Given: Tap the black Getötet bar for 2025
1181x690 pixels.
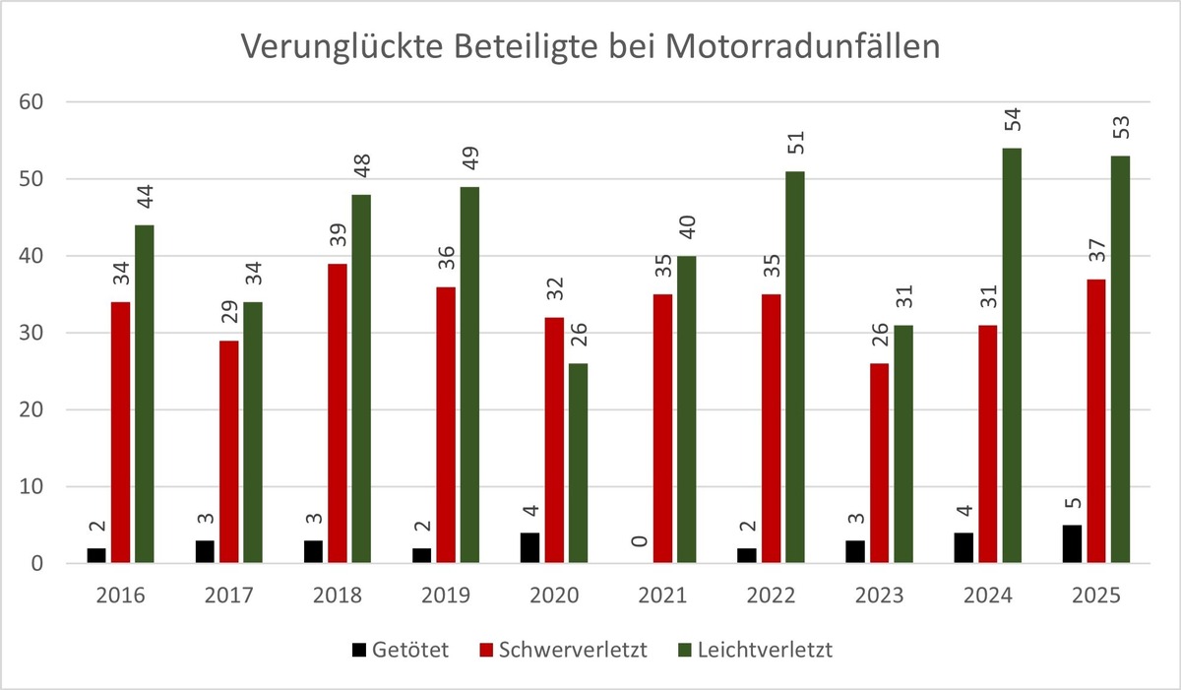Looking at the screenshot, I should point(1073,544).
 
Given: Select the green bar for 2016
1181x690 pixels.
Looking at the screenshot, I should point(145,394).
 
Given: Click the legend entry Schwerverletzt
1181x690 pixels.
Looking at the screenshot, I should point(561,651).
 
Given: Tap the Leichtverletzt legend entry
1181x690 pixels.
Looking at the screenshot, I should point(756,651).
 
